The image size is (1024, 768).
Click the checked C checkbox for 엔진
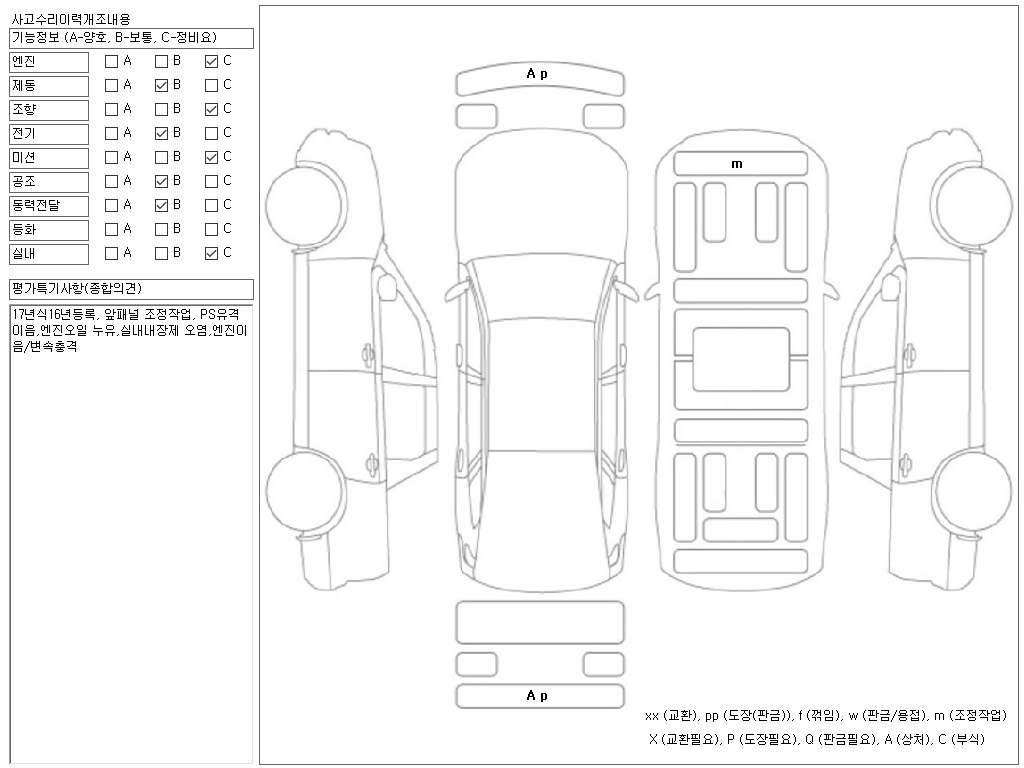click(211, 61)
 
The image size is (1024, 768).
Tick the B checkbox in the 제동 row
click(161, 85)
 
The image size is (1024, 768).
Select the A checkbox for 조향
click(111, 109)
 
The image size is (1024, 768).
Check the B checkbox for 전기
click(161, 133)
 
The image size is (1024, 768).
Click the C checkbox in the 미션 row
click(211, 157)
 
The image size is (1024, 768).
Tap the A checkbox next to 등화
click(111, 229)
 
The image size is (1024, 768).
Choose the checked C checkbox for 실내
click(211, 253)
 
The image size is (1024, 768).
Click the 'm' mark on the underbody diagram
click(738, 164)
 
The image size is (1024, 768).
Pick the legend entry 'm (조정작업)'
click(969, 716)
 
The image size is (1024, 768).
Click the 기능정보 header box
click(131, 38)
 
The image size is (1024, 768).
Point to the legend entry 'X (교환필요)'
click(684, 739)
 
